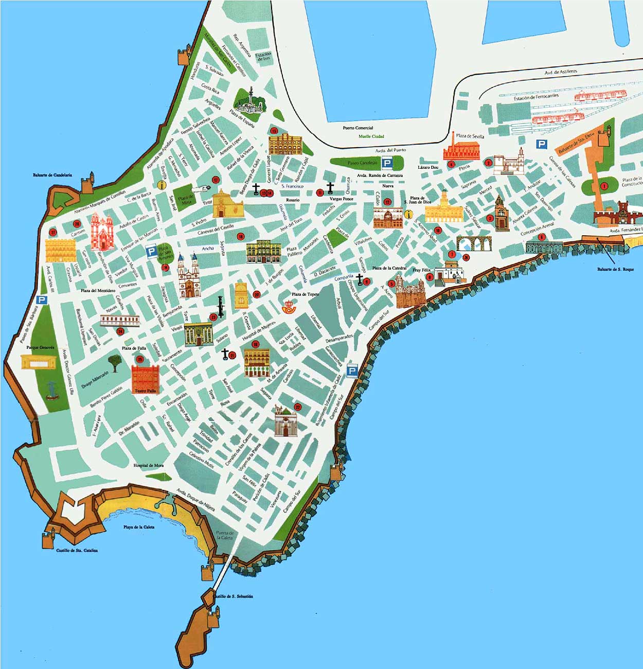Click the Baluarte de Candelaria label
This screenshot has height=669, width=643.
[52, 175]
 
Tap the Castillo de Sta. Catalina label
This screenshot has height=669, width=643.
[77, 550]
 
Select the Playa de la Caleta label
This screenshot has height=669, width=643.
[138, 527]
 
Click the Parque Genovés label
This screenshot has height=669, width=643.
[40, 347]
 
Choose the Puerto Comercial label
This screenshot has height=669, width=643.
[358, 128]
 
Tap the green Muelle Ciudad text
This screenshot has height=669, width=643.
[371, 136]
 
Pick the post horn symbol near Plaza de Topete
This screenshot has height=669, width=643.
[289, 308]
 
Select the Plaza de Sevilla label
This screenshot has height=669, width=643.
[470, 136]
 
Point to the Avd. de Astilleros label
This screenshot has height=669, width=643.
[561, 73]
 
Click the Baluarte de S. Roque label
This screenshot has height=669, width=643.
[616, 269]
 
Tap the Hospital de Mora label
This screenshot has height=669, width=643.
[149, 465]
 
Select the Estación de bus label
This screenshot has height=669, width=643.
[263, 57]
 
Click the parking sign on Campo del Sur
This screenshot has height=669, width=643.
[352, 371]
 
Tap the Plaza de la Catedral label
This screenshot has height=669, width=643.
[389, 268]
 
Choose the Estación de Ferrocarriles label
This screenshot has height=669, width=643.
[536, 97]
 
